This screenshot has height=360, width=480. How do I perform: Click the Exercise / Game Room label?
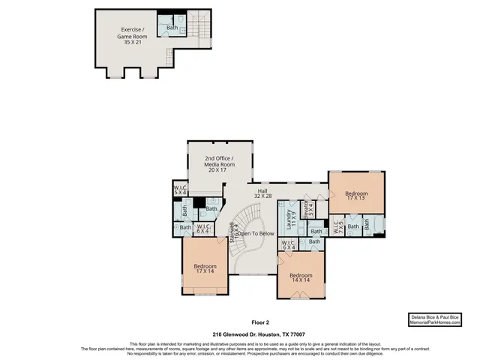132,35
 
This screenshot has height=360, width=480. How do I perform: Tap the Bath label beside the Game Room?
172,28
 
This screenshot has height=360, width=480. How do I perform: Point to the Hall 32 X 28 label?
263,194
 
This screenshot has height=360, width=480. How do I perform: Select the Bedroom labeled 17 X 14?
205,269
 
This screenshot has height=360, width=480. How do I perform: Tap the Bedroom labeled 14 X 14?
301,278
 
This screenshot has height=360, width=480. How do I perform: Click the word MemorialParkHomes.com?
434,322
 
